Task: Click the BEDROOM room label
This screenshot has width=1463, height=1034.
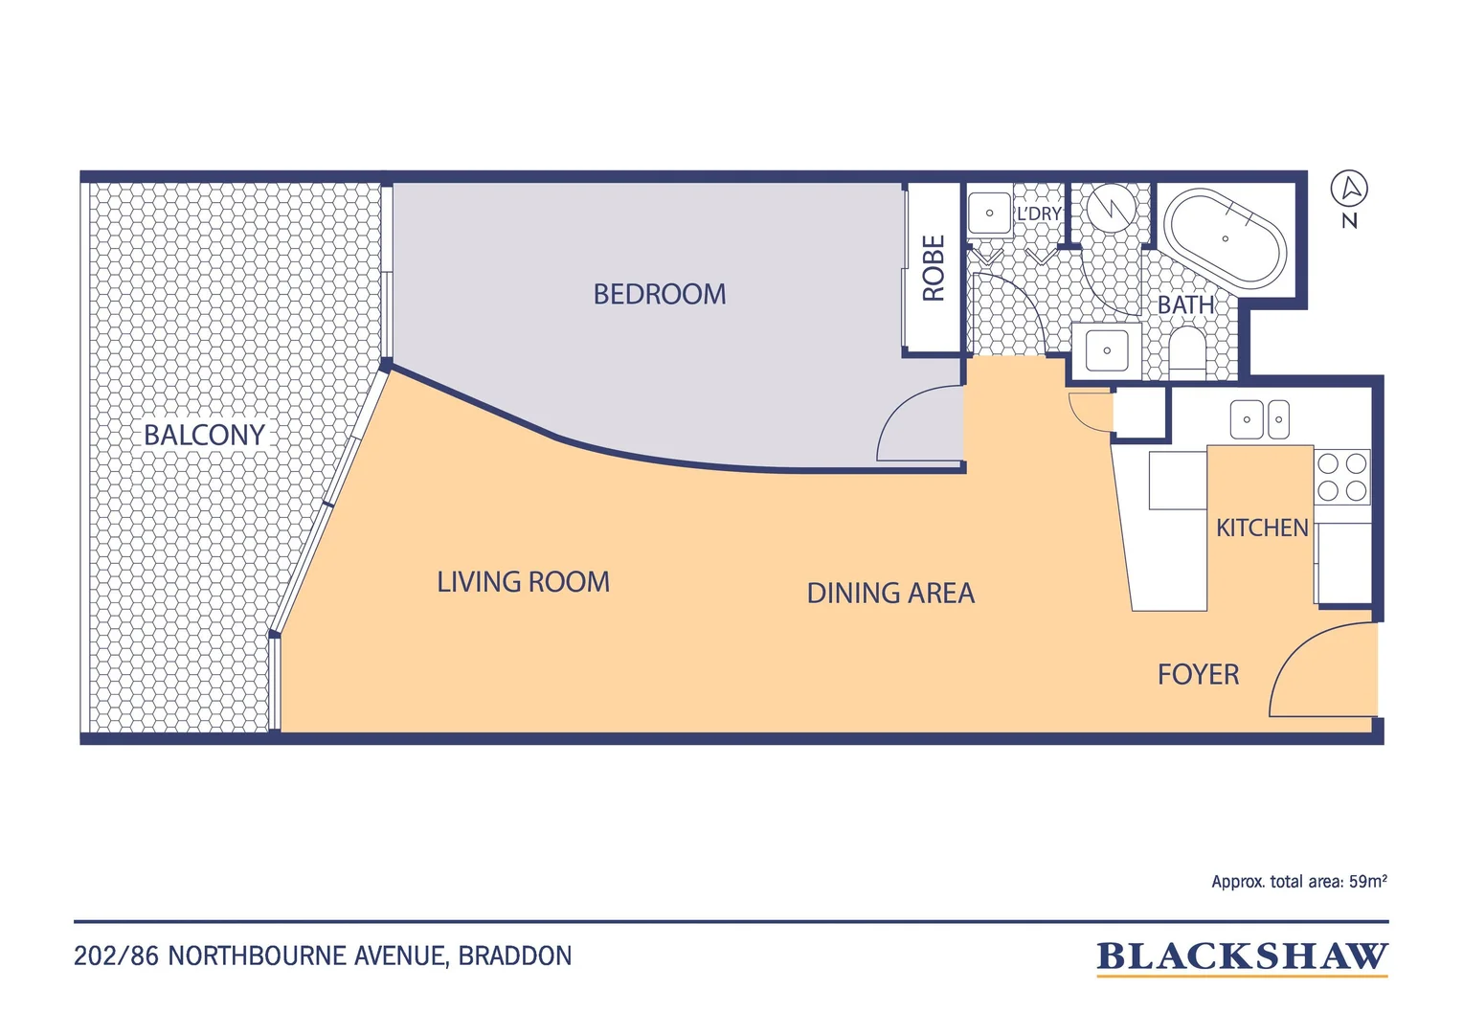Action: point(660,294)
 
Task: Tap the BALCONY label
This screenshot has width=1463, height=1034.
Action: point(204,435)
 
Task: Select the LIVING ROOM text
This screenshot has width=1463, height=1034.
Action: point(523,582)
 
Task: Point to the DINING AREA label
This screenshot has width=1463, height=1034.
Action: point(890,593)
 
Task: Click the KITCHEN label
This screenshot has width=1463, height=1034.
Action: point(1262,528)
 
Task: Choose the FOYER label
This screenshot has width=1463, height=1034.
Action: point(1199,675)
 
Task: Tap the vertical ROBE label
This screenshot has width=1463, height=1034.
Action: point(934,268)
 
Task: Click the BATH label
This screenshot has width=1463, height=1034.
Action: point(1186,305)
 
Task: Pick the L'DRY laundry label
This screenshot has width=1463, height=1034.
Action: point(1039,214)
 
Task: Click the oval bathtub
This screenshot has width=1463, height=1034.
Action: point(1226,238)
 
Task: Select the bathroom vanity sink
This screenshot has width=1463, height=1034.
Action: point(1107,350)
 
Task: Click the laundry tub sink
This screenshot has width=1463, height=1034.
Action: point(989,213)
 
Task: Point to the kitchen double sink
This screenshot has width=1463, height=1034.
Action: point(1260,419)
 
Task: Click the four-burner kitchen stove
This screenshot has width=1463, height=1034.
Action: point(1342,477)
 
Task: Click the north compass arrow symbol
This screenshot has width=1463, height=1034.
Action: point(1349,189)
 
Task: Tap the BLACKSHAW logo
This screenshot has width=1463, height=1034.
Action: point(1242,957)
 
